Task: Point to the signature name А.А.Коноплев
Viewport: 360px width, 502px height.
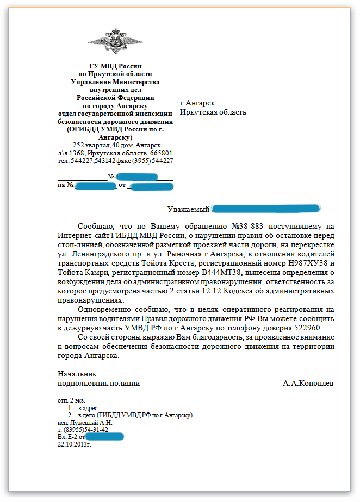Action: pyautogui.click(x=308, y=383)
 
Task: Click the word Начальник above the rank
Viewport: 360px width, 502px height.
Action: pyautogui.click(x=77, y=374)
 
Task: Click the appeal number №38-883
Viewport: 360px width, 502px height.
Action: pyautogui.click(x=253, y=226)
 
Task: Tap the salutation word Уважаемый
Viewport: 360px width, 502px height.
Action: pyautogui.click(x=188, y=209)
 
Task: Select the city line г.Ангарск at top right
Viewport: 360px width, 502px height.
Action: pyautogui.click(x=197, y=103)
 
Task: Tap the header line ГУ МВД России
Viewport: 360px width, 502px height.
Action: pyautogui.click(x=115, y=66)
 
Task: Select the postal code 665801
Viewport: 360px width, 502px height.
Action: pyautogui.click(x=160, y=153)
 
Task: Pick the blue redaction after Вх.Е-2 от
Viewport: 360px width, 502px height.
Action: pyautogui.click(x=105, y=437)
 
